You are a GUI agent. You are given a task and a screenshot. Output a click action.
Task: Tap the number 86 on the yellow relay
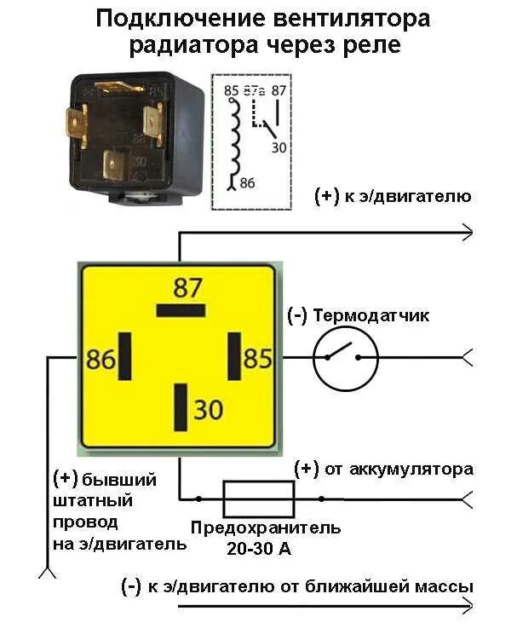pyautogui.click(x=101, y=360)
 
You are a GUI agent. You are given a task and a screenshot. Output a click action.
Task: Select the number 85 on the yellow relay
pyautogui.click(x=257, y=359)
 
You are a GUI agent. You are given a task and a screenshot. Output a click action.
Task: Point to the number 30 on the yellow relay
pyautogui.click(x=208, y=410)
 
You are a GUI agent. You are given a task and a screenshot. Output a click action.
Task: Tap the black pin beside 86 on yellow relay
pyautogui.click(x=125, y=357)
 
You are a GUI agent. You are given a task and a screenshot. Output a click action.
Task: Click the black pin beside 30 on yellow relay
pyautogui.click(x=181, y=407)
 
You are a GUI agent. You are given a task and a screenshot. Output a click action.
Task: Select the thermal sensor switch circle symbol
pyautogui.click(x=345, y=358)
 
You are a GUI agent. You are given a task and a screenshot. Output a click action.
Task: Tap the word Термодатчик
pyautogui.click(x=371, y=316)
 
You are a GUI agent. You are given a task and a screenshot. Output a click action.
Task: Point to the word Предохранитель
pyautogui.click(x=266, y=528)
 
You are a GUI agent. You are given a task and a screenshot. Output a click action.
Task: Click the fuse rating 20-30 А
pyautogui.click(x=259, y=549)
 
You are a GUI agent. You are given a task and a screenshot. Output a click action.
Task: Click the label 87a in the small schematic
pyautogui.click(x=254, y=89)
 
